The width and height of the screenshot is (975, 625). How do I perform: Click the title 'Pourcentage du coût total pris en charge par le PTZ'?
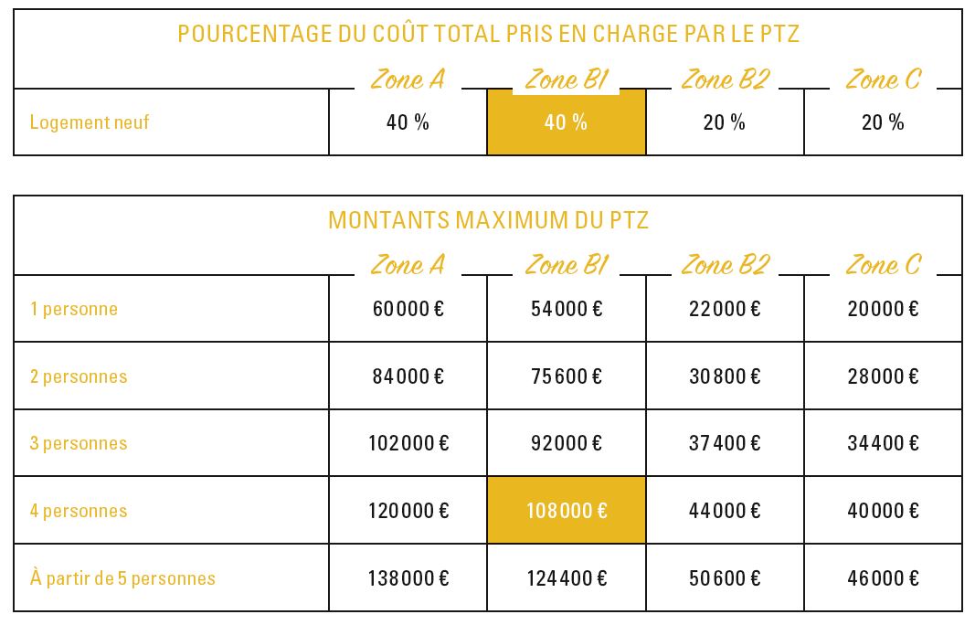pyautogui.click(x=488, y=34)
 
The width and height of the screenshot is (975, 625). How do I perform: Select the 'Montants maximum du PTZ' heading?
pyautogui.click(x=488, y=220)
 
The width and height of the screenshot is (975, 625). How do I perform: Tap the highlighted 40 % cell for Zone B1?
pyautogui.click(x=566, y=122)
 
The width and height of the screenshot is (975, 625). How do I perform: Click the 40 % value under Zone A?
pyautogui.click(x=408, y=122)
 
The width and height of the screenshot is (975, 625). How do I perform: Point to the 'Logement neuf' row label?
pyautogui.click(x=90, y=122)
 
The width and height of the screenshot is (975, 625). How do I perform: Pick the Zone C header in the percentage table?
pyautogui.click(x=883, y=79)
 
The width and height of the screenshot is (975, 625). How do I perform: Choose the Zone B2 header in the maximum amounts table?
pyautogui.click(x=726, y=265)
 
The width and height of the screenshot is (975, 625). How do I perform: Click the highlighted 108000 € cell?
pyautogui.click(x=567, y=511)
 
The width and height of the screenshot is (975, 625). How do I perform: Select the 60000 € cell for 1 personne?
pyautogui.click(x=408, y=309)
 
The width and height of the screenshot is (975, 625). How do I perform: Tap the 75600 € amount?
pyautogui.click(x=567, y=376)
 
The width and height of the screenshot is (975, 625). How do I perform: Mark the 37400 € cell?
pyautogui.click(x=725, y=443)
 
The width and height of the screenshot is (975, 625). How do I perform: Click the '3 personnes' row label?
pyautogui.click(x=79, y=443)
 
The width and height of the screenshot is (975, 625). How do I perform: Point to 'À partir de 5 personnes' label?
pyautogui.click(x=122, y=577)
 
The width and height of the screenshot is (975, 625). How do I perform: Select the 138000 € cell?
pyautogui.click(x=408, y=578)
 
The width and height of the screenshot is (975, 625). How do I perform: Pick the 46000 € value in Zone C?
pyautogui.click(x=883, y=578)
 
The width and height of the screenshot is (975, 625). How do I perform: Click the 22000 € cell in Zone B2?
pyautogui.click(x=725, y=309)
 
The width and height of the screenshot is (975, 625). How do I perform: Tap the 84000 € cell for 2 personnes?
pyautogui.click(x=408, y=376)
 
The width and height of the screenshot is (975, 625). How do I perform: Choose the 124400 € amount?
pyautogui.click(x=567, y=578)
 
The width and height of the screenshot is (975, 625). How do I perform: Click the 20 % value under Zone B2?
pyautogui.click(x=725, y=122)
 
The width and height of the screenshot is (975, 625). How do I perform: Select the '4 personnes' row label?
pyautogui.click(x=79, y=511)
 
